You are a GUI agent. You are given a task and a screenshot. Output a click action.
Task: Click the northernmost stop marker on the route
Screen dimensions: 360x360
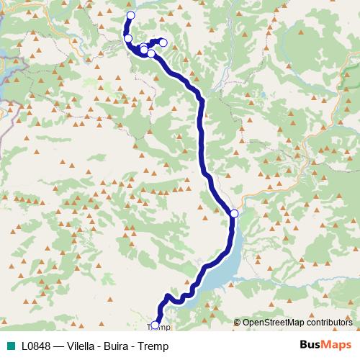point(130,15)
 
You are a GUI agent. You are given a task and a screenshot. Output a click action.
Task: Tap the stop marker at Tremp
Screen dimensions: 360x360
point(155,325)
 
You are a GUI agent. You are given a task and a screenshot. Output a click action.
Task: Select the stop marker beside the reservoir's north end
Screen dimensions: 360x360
point(234,213)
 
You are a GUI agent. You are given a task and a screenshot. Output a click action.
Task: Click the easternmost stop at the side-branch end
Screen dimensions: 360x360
point(163,42)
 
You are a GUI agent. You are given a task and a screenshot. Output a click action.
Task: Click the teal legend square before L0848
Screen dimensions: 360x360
point(9,346)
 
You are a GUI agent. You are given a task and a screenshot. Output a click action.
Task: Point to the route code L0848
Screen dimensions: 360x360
point(35,346)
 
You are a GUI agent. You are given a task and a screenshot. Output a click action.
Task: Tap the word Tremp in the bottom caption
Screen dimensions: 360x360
point(163,346)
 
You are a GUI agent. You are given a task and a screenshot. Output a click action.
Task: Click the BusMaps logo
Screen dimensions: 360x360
point(325,346)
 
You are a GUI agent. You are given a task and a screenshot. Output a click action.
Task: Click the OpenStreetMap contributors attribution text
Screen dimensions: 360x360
point(297,323)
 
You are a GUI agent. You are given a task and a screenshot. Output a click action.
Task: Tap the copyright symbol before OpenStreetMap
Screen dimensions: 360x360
point(237,323)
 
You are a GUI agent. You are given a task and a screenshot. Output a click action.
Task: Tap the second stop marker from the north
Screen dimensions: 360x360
point(128,38)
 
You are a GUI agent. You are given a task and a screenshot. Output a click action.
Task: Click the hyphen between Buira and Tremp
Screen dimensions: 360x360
point(142,346)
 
